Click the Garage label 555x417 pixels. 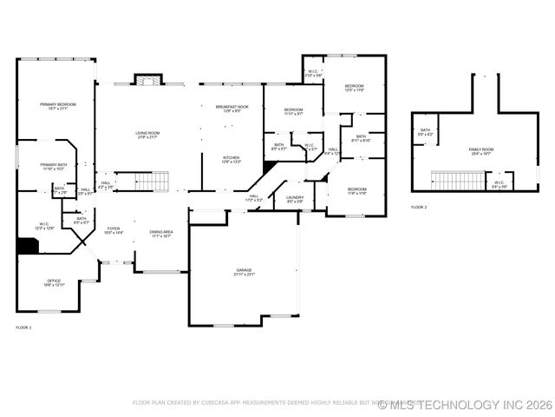[244, 272]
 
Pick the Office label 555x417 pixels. [54, 282]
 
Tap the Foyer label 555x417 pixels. [114, 230]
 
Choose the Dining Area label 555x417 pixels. [160, 233]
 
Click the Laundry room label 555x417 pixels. [294, 199]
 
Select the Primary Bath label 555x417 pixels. [53, 166]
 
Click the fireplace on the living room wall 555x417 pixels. [147, 81]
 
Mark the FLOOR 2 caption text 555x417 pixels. [419, 208]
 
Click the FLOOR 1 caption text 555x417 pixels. [23, 328]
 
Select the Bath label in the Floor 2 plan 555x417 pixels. [425, 132]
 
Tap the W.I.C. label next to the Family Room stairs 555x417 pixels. [499, 184]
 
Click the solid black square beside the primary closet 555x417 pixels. [28, 246]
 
